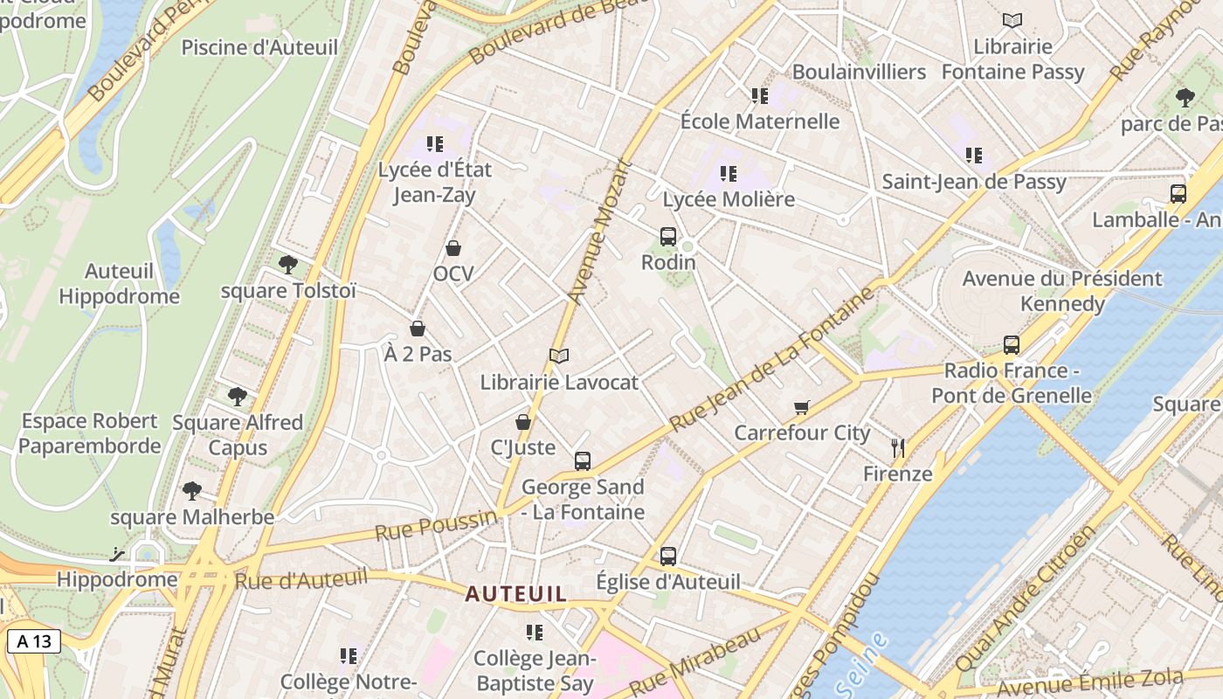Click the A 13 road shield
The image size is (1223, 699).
point(34,641)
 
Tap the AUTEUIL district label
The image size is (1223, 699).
point(515,594)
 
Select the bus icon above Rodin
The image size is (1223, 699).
point(668,236)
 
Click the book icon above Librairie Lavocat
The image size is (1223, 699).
point(559,356)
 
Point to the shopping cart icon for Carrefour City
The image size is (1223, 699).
point(802,407)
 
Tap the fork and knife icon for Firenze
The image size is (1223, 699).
point(897,448)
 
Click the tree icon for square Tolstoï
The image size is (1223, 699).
point(287,264)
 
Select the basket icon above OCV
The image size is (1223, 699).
point(453,248)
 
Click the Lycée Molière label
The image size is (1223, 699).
point(729,199)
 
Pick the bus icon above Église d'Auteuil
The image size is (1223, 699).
point(668,556)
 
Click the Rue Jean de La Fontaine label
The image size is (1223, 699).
point(772,358)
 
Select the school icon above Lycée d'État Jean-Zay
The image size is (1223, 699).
point(434,144)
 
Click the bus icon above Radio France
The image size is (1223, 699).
point(1012,344)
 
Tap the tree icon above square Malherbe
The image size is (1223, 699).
point(192,491)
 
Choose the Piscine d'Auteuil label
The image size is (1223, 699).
point(259,47)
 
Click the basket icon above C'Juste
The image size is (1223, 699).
point(523,422)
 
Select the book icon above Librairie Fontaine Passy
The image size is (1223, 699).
point(1012,20)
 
